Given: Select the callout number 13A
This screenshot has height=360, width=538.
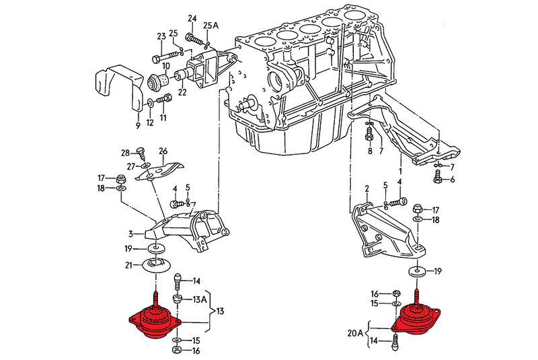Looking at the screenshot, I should coord(200,299).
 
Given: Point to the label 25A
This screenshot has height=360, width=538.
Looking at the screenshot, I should coord(212,26).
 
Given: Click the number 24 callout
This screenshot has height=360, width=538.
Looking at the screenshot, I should coord(192,18).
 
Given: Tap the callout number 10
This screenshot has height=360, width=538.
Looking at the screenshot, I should coord(165,67).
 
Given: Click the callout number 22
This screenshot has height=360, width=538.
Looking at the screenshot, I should coord(182,92).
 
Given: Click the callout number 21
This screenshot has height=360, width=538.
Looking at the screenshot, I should coord(128,264).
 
